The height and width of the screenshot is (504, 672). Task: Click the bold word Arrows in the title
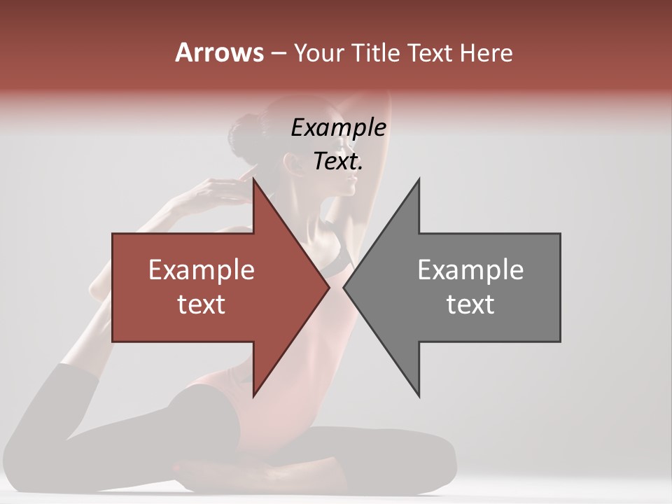(219, 52)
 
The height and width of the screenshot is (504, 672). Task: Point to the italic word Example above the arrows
(338, 127)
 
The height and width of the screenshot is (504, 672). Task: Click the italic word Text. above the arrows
(338, 161)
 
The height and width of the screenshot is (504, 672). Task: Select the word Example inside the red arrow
(202, 270)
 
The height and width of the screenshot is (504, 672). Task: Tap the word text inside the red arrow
(202, 304)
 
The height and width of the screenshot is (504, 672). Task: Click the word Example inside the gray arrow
(470, 270)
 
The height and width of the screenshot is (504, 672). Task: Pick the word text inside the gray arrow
(470, 304)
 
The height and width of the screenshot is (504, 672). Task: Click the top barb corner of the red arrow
(253, 180)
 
